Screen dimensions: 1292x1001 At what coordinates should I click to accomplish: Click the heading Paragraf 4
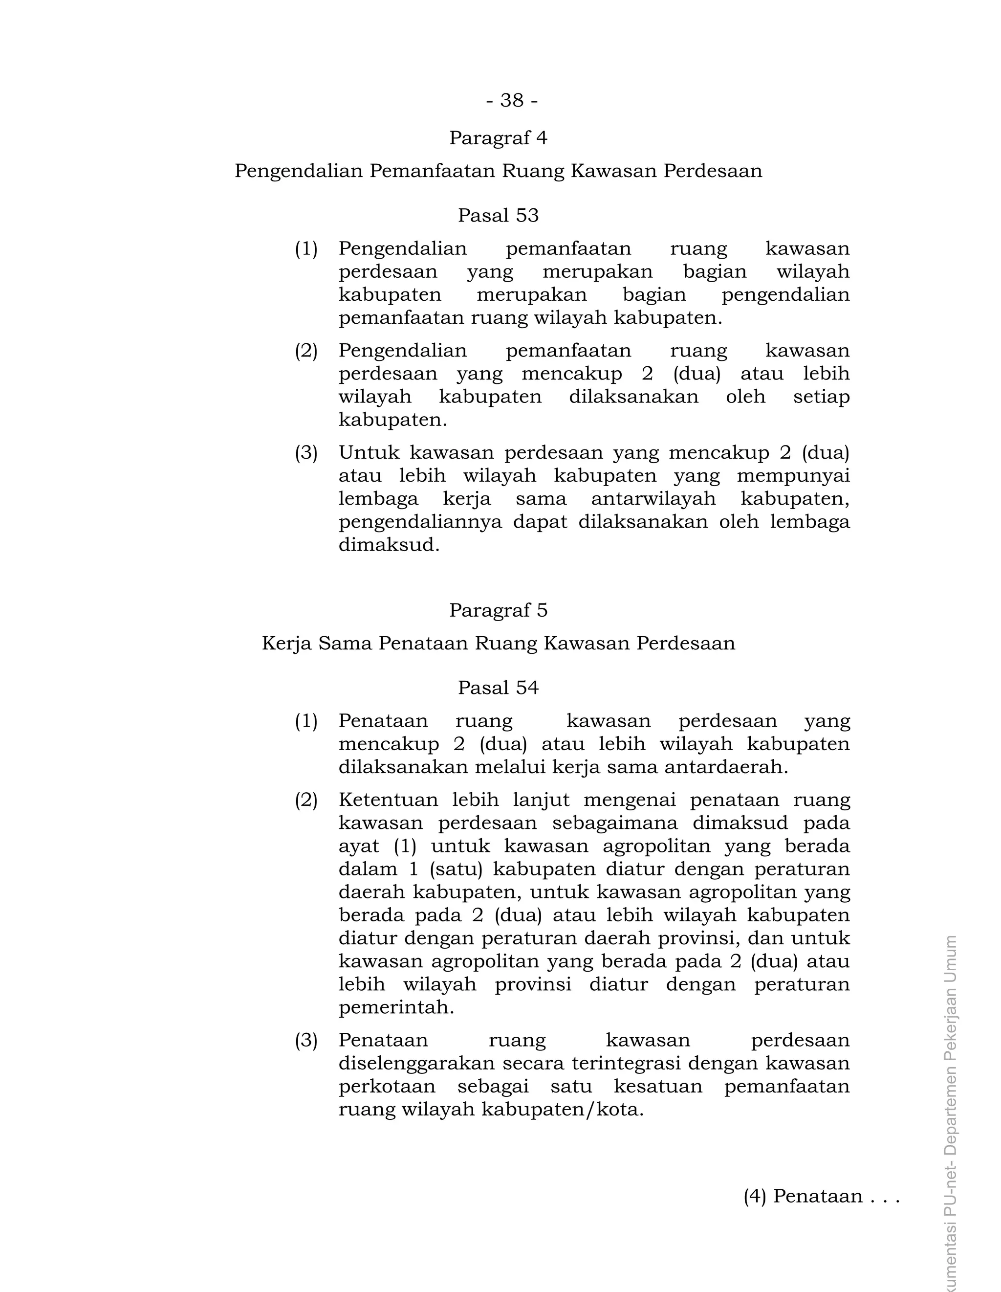498,138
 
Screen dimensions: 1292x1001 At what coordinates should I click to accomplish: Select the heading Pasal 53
498,215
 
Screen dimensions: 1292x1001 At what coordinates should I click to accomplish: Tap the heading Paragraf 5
498,610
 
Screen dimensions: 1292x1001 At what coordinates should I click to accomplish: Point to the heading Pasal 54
498,688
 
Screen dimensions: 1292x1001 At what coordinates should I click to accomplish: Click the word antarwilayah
653,499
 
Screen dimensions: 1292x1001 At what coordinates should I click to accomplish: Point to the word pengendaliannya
419,522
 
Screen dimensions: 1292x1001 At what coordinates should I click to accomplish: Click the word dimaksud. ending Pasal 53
389,545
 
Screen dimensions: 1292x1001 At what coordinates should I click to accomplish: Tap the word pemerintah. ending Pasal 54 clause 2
395,1007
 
